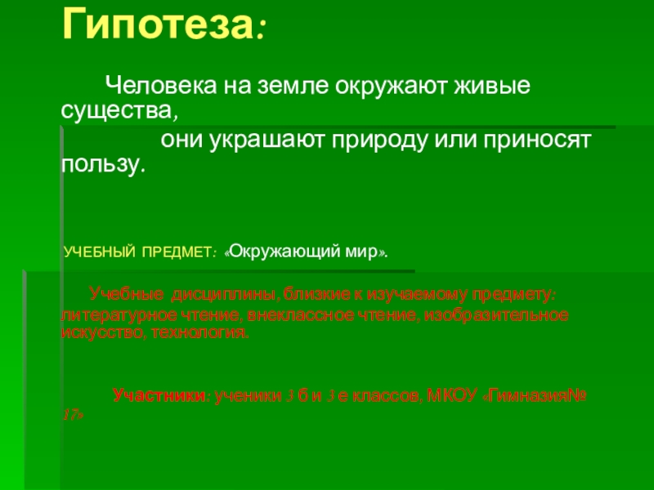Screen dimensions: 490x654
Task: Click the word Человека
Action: pyautogui.click(x=150, y=85)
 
